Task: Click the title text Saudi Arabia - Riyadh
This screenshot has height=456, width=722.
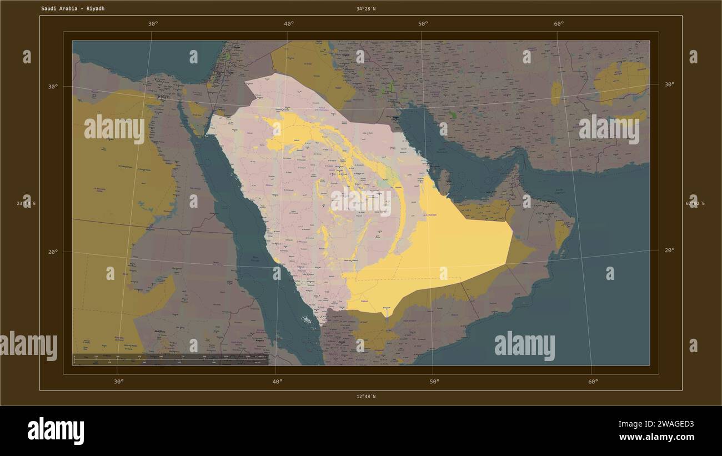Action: (72, 9)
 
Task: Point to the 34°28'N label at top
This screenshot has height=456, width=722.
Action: (366, 9)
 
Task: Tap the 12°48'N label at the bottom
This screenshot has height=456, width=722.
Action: (366, 397)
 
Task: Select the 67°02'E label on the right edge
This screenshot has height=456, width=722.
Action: (695, 203)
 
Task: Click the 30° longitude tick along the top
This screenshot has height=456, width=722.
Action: (153, 23)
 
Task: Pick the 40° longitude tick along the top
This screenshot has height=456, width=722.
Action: (289, 23)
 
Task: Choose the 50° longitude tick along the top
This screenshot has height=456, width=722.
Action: (423, 23)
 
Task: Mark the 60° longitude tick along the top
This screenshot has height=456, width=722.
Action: (559, 23)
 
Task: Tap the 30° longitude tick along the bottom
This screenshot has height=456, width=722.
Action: (118, 382)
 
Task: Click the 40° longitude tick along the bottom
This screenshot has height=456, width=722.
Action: (277, 382)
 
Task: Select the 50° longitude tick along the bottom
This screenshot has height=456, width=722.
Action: (434, 382)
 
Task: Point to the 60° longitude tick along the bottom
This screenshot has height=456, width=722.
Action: (593, 382)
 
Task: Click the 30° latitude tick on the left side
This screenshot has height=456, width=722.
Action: (53, 87)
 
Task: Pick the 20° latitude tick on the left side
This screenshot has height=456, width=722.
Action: (53, 252)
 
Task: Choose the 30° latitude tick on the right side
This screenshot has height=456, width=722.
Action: (669, 84)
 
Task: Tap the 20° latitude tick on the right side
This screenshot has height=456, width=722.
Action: (669, 250)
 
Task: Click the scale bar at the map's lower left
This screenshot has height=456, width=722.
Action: (171, 359)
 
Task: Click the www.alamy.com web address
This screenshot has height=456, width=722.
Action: (656, 437)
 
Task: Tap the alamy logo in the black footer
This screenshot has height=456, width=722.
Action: (56, 431)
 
